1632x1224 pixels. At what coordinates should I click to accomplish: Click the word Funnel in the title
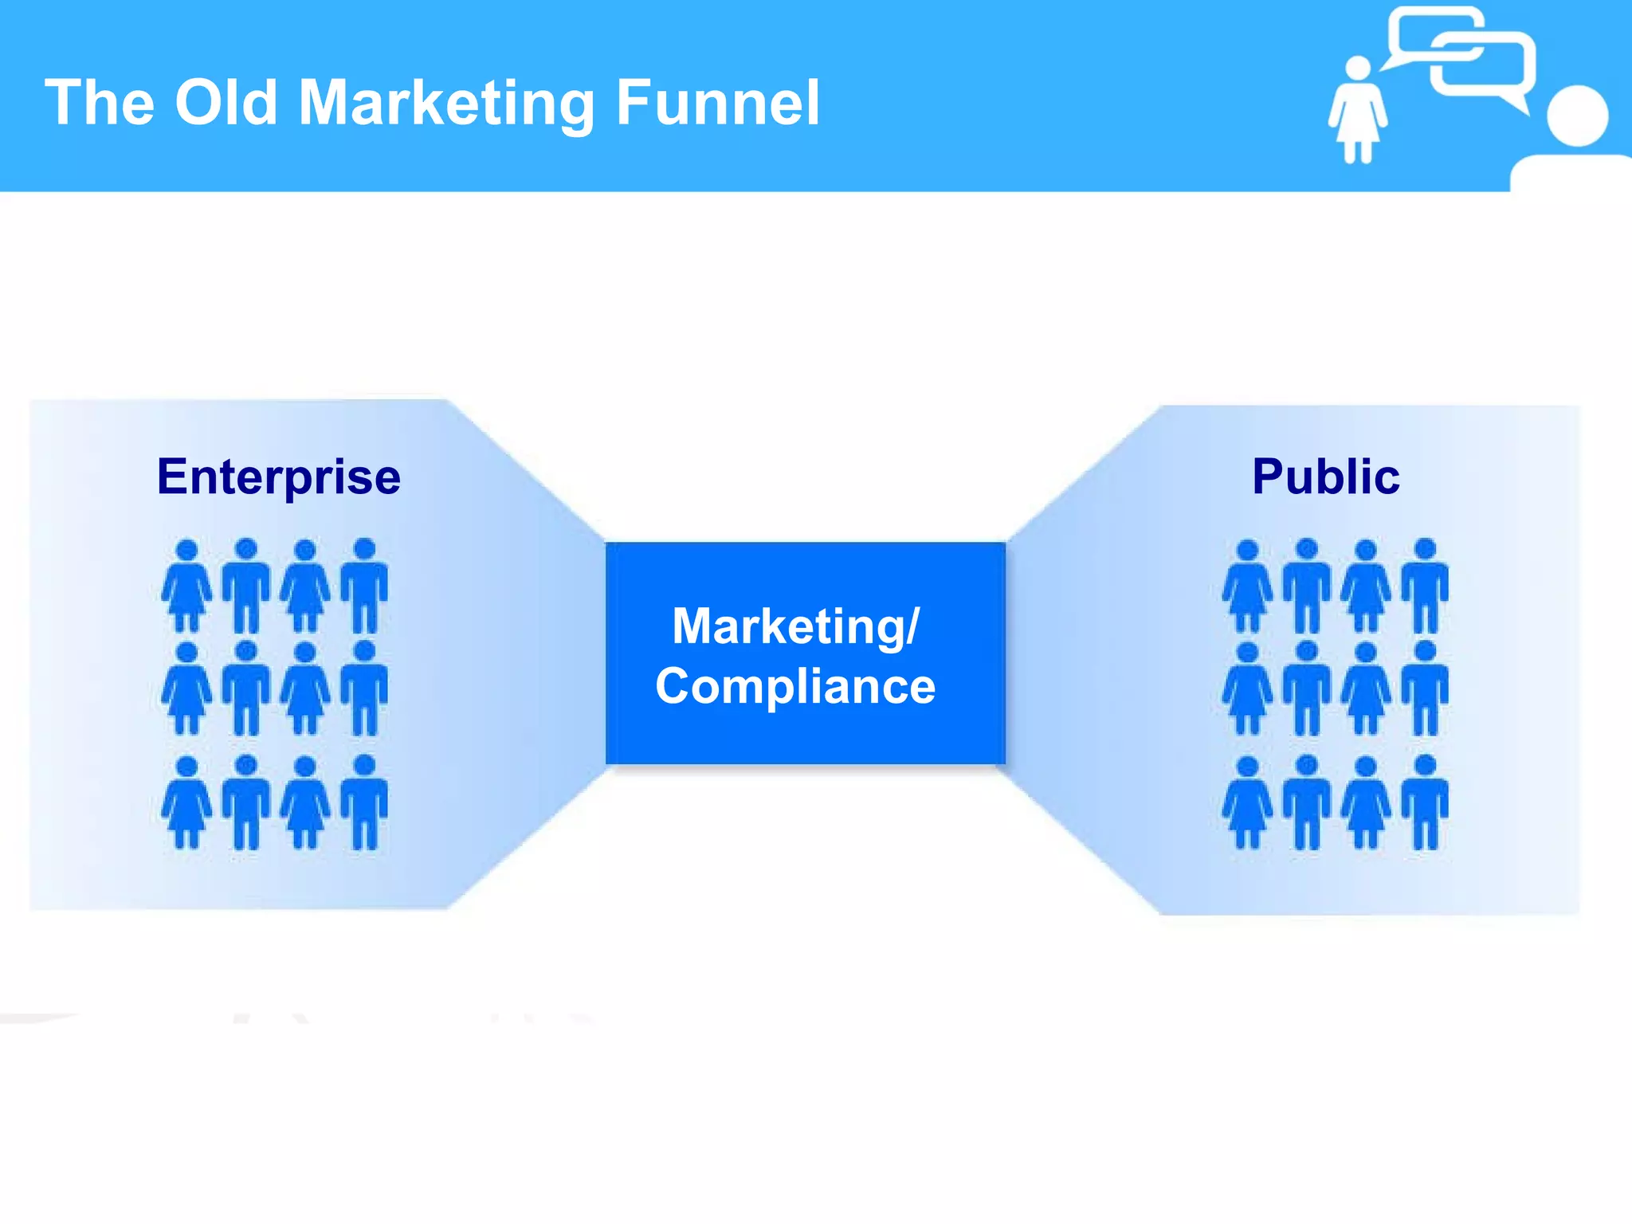click(717, 104)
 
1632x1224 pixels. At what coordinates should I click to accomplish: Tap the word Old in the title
click(226, 104)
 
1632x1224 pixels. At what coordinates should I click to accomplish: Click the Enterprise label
click(279, 477)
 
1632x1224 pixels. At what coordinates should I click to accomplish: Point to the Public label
click(1326, 477)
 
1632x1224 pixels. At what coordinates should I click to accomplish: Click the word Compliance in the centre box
click(795, 686)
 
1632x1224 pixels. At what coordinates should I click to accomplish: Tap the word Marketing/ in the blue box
click(795, 626)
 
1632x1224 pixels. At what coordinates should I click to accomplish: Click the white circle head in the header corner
click(1577, 116)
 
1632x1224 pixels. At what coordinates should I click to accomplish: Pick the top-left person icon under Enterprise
click(186, 586)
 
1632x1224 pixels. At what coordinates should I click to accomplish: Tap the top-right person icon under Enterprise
click(364, 586)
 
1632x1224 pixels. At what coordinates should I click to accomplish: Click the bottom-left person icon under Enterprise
click(186, 802)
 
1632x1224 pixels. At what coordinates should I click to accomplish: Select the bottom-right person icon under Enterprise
click(364, 802)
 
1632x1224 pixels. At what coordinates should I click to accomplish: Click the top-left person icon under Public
click(1247, 586)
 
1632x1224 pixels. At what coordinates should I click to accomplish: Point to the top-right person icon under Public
click(1425, 586)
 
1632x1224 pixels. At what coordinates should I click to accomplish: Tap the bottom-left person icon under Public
click(1247, 802)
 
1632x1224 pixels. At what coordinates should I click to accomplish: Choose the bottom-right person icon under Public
click(1425, 802)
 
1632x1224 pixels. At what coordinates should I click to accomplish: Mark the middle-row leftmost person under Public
click(1247, 688)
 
